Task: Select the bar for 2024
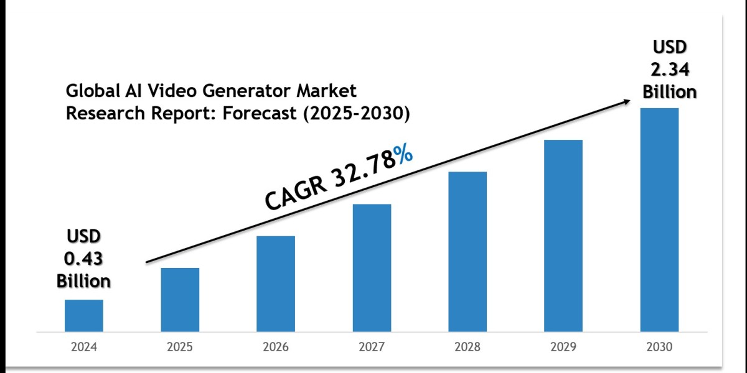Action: pos(84,315)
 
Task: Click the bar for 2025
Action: pos(180,299)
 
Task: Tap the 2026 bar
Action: pos(276,283)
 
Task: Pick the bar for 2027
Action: pos(372,267)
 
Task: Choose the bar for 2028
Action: pos(467,251)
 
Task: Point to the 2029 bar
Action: pos(563,235)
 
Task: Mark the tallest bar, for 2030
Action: pos(659,219)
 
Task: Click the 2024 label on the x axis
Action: pos(84,347)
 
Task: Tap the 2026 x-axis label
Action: pos(276,347)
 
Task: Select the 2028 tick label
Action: pos(467,347)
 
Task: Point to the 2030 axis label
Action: pos(659,347)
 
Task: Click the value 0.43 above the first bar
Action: pos(83,258)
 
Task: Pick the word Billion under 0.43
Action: pos(83,280)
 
